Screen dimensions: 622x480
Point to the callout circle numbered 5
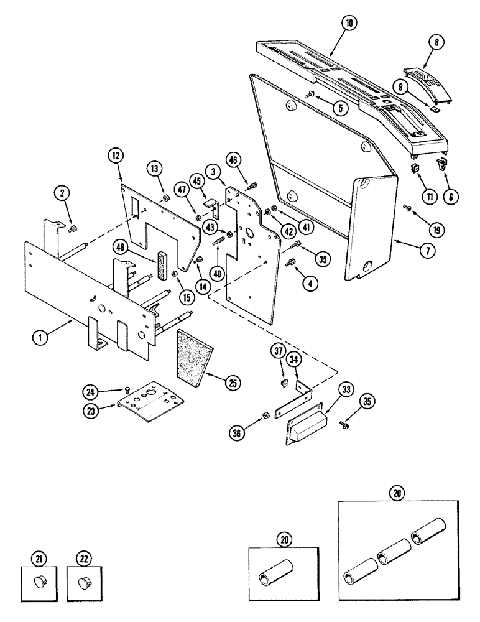339,108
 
